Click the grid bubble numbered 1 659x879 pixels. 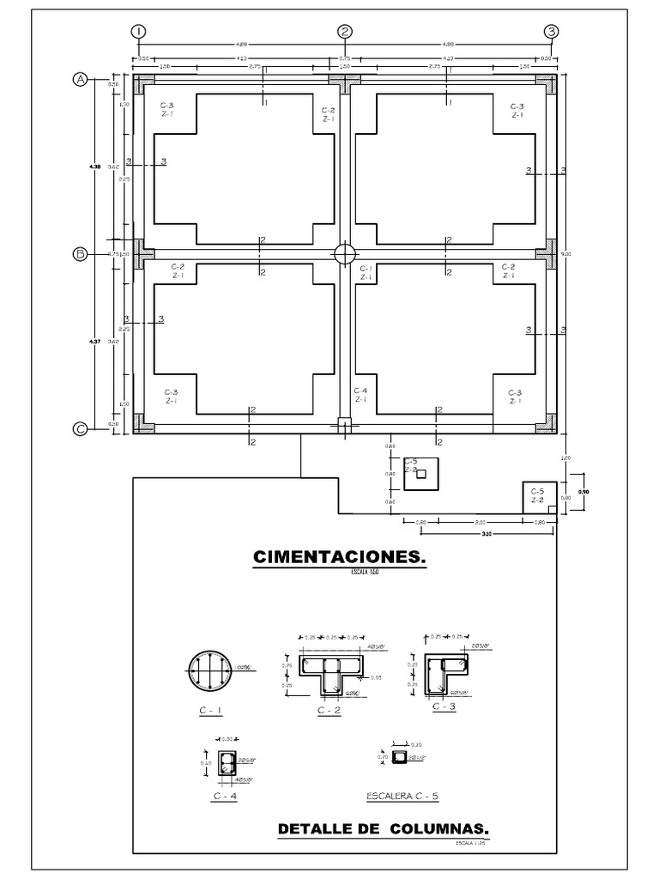coord(138,31)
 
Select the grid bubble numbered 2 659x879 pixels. coord(345,31)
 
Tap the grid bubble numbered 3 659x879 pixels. coord(552,31)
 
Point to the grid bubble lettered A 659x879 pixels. coord(80,80)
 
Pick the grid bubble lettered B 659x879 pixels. coord(80,254)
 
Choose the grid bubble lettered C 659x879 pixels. coord(80,430)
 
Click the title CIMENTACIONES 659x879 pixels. coord(340,559)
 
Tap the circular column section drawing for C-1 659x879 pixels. coord(209,669)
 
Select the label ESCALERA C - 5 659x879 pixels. coord(402,797)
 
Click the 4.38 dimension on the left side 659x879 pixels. coord(95,166)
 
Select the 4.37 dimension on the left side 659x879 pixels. coord(95,342)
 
